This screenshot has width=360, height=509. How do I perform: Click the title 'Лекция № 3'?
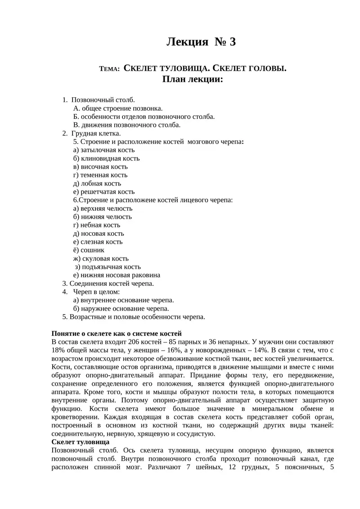[201, 42]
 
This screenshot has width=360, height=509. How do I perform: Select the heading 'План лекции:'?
[193, 79]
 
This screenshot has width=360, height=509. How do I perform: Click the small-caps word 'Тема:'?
[109, 69]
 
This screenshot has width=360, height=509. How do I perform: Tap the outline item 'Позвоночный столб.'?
[103, 100]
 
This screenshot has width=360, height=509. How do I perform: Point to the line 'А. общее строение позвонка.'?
[118, 108]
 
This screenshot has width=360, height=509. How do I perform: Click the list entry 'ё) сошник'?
[89, 250]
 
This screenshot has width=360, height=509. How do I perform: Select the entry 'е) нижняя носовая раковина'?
[117, 275]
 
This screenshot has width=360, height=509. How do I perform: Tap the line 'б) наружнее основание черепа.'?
[121, 308]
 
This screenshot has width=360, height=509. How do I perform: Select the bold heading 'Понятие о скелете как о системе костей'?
[117, 333]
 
